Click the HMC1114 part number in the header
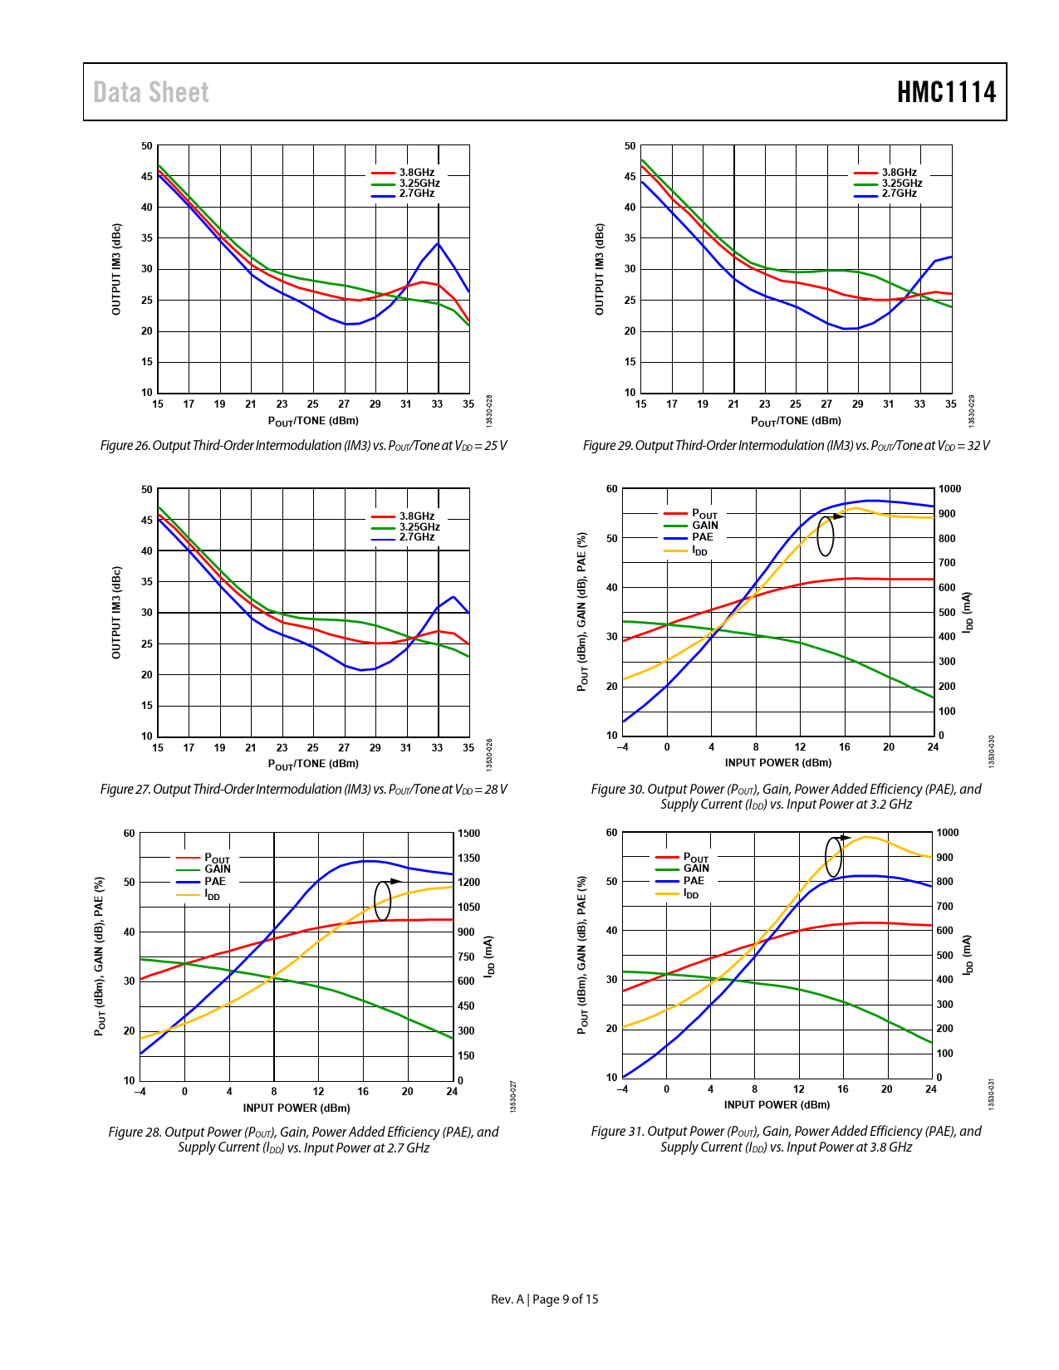[x=946, y=92]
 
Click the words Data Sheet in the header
[x=151, y=92]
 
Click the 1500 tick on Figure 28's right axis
[x=468, y=834]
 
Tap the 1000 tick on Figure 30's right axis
[x=949, y=489]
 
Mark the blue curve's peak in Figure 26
[x=438, y=243]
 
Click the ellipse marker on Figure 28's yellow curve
[x=382, y=901]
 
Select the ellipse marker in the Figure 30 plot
[x=825, y=536]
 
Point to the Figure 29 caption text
[x=786, y=446]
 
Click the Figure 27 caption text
[x=303, y=790]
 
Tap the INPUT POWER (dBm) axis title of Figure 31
[x=777, y=1105]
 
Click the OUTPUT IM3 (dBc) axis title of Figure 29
[x=600, y=269]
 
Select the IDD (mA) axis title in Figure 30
[x=967, y=613]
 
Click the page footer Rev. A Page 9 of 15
[x=544, y=1299]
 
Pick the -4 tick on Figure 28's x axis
[x=140, y=1092]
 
